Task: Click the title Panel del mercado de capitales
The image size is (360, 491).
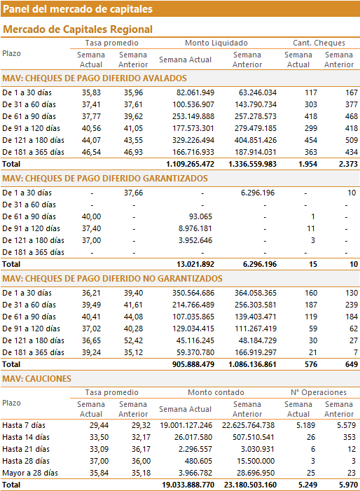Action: click(78, 9)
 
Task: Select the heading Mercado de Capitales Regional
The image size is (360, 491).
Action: click(78, 29)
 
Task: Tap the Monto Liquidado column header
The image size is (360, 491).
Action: click(216, 43)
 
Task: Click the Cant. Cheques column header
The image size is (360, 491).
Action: click(319, 43)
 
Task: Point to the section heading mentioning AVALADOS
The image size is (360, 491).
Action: click(95, 78)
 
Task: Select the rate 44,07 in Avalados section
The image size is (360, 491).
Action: click(92, 140)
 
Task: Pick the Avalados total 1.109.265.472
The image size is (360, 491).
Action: click(191, 164)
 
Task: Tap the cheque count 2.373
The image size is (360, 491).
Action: click(348, 164)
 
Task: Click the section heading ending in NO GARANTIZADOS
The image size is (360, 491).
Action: click(112, 279)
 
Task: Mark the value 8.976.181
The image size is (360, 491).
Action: click(195, 228)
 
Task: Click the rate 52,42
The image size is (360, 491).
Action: click(133, 340)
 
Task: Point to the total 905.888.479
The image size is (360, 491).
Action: click(193, 364)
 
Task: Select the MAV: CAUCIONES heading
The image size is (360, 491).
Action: click(36, 379)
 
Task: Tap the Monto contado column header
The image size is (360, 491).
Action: click(216, 392)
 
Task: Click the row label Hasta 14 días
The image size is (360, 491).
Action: click(26, 437)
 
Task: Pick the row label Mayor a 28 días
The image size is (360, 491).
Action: click(30, 473)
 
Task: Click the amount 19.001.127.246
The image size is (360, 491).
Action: click(186, 425)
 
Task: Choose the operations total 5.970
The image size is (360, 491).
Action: click(348, 485)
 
